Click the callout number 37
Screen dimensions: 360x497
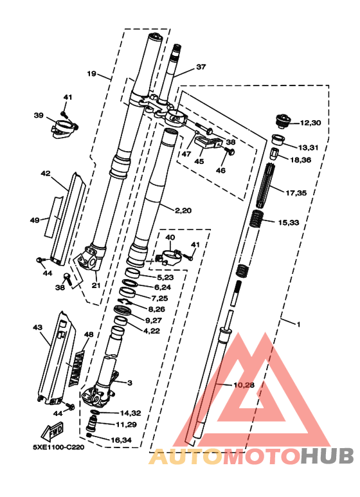pyautogui.click(x=201, y=67)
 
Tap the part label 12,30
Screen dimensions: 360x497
pyautogui.click(x=310, y=123)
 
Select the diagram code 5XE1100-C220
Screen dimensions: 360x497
pyautogui.click(x=59, y=447)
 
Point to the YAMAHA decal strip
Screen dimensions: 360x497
pyautogui.click(x=76, y=368)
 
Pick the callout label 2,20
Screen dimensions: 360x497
pyautogui.click(x=183, y=210)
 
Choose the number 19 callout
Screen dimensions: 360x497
pyautogui.click(x=91, y=74)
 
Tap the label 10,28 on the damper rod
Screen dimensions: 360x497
pyautogui.click(x=244, y=385)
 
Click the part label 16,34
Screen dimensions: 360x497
pyautogui.click(x=121, y=440)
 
